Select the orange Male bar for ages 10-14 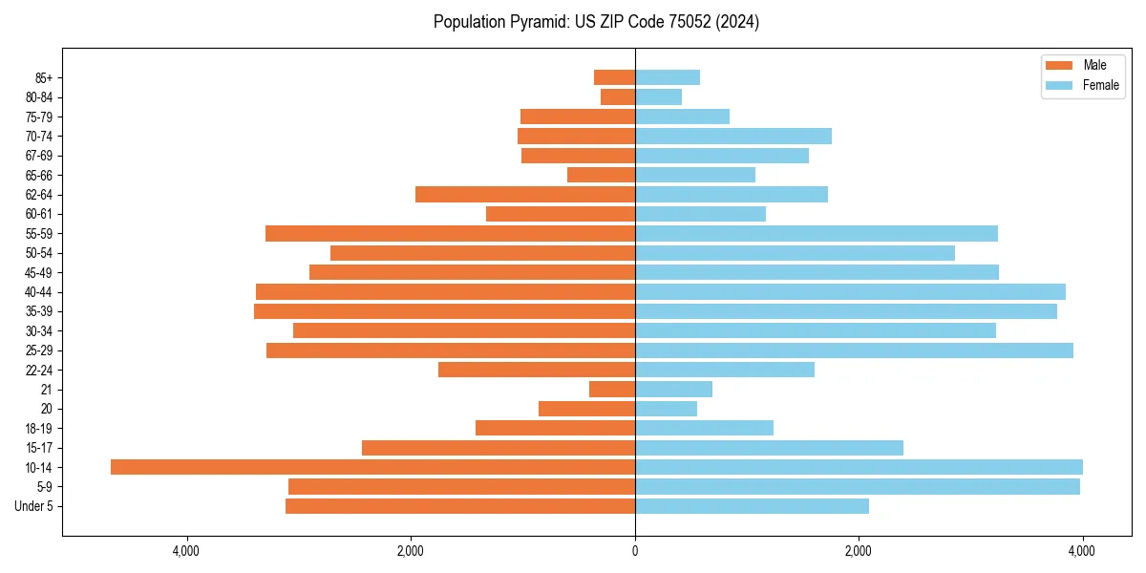click(372, 467)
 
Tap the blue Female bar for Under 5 click(752, 506)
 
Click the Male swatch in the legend click(1059, 65)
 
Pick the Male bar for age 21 click(612, 389)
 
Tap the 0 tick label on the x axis click(635, 551)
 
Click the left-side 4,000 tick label click(186, 551)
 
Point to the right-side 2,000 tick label click(859, 551)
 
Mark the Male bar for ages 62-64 click(525, 194)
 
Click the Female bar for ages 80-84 click(658, 96)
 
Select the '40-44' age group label click(38, 292)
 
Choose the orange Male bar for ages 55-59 click(450, 233)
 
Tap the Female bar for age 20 click(666, 409)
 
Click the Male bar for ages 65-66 click(601, 175)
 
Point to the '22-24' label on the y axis click(38, 370)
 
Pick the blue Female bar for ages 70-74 click(733, 136)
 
